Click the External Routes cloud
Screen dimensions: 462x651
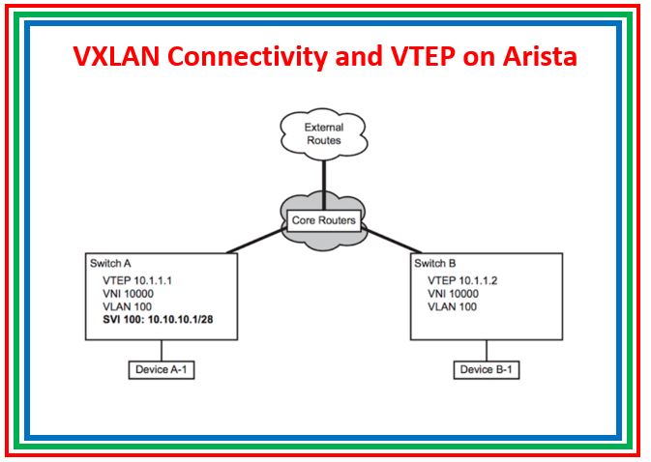pos(324,133)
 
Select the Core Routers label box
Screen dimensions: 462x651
pos(324,220)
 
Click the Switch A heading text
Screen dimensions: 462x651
pos(110,264)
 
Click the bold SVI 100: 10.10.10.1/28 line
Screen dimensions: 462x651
pos(163,322)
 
